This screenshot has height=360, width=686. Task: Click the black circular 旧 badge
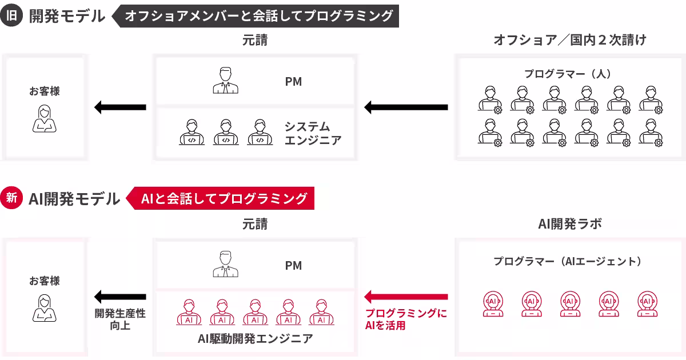coord(11,15)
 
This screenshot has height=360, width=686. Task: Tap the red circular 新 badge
coord(11,198)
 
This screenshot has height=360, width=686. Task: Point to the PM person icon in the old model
coord(225,81)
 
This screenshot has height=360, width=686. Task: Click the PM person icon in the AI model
coord(225,265)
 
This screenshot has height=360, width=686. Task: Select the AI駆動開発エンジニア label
coord(255,338)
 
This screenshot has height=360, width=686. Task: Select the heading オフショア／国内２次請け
coord(569,40)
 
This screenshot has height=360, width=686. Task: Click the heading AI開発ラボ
coord(569,224)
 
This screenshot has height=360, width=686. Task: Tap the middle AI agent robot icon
coord(570,304)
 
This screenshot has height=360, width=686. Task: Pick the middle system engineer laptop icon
coord(226,133)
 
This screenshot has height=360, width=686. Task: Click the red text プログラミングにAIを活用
coord(406,319)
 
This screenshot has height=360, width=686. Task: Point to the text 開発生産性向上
coord(120,319)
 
